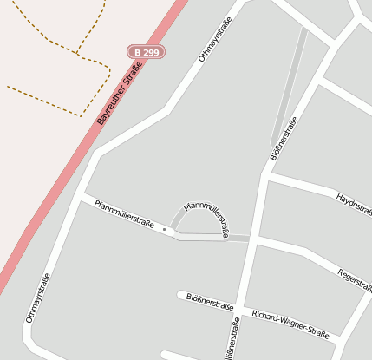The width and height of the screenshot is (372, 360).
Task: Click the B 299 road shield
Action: (146, 53)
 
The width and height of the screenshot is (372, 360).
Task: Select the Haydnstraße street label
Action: (353, 203)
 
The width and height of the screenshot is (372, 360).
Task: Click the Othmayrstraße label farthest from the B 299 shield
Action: (38, 298)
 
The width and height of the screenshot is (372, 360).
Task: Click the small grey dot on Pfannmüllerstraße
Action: (164, 229)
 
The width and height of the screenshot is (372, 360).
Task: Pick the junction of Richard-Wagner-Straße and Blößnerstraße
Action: (242, 308)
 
